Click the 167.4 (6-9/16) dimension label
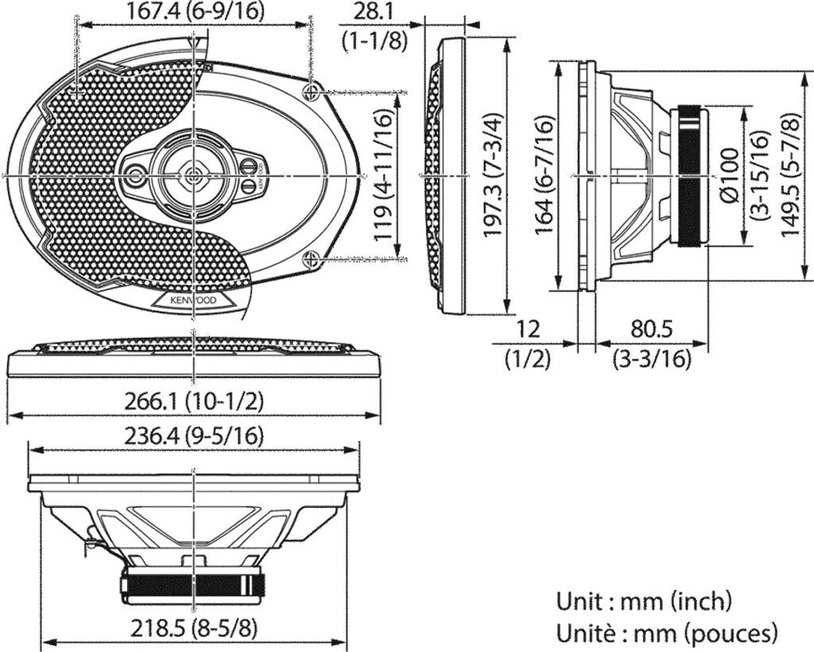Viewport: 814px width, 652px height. pos(195,10)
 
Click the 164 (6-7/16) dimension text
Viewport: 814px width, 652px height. pos(545,175)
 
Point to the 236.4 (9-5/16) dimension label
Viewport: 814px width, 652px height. pos(195,436)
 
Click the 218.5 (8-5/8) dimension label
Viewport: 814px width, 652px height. pos(195,628)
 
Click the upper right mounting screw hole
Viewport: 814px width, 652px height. pos(312,91)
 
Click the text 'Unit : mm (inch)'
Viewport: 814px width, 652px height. pos(644,600)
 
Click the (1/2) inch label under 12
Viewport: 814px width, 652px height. pos(529,359)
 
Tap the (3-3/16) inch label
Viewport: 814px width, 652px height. pos(651,359)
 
